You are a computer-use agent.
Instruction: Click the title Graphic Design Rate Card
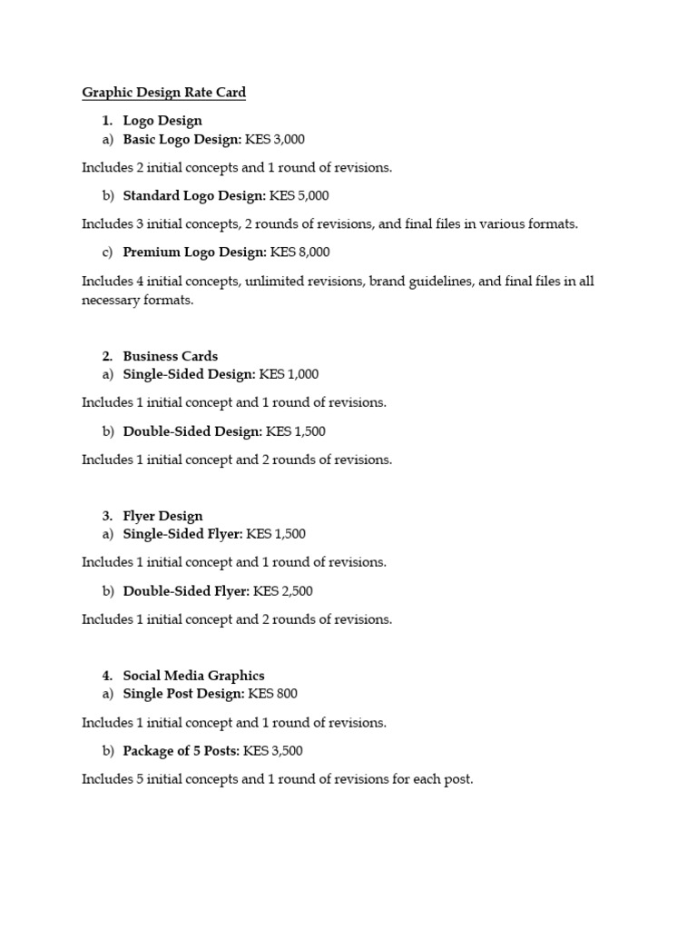click(x=163, y=92)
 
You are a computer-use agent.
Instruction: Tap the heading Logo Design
click(x=162, y=120)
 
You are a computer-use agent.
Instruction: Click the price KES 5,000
click(x=299, y=195)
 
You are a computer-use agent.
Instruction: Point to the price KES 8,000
click(x=300, y=252)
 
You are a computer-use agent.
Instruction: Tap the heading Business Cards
click(x=171, y=356)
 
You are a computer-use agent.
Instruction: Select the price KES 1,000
click(x=289, y=373)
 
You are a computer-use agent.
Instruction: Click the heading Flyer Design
click(x=162, y=516)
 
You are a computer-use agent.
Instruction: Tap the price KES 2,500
click(x=283, y=590)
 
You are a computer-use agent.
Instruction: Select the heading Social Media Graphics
click(x=193, y=675)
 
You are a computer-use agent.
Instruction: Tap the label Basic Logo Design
click(x=182, y=139)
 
